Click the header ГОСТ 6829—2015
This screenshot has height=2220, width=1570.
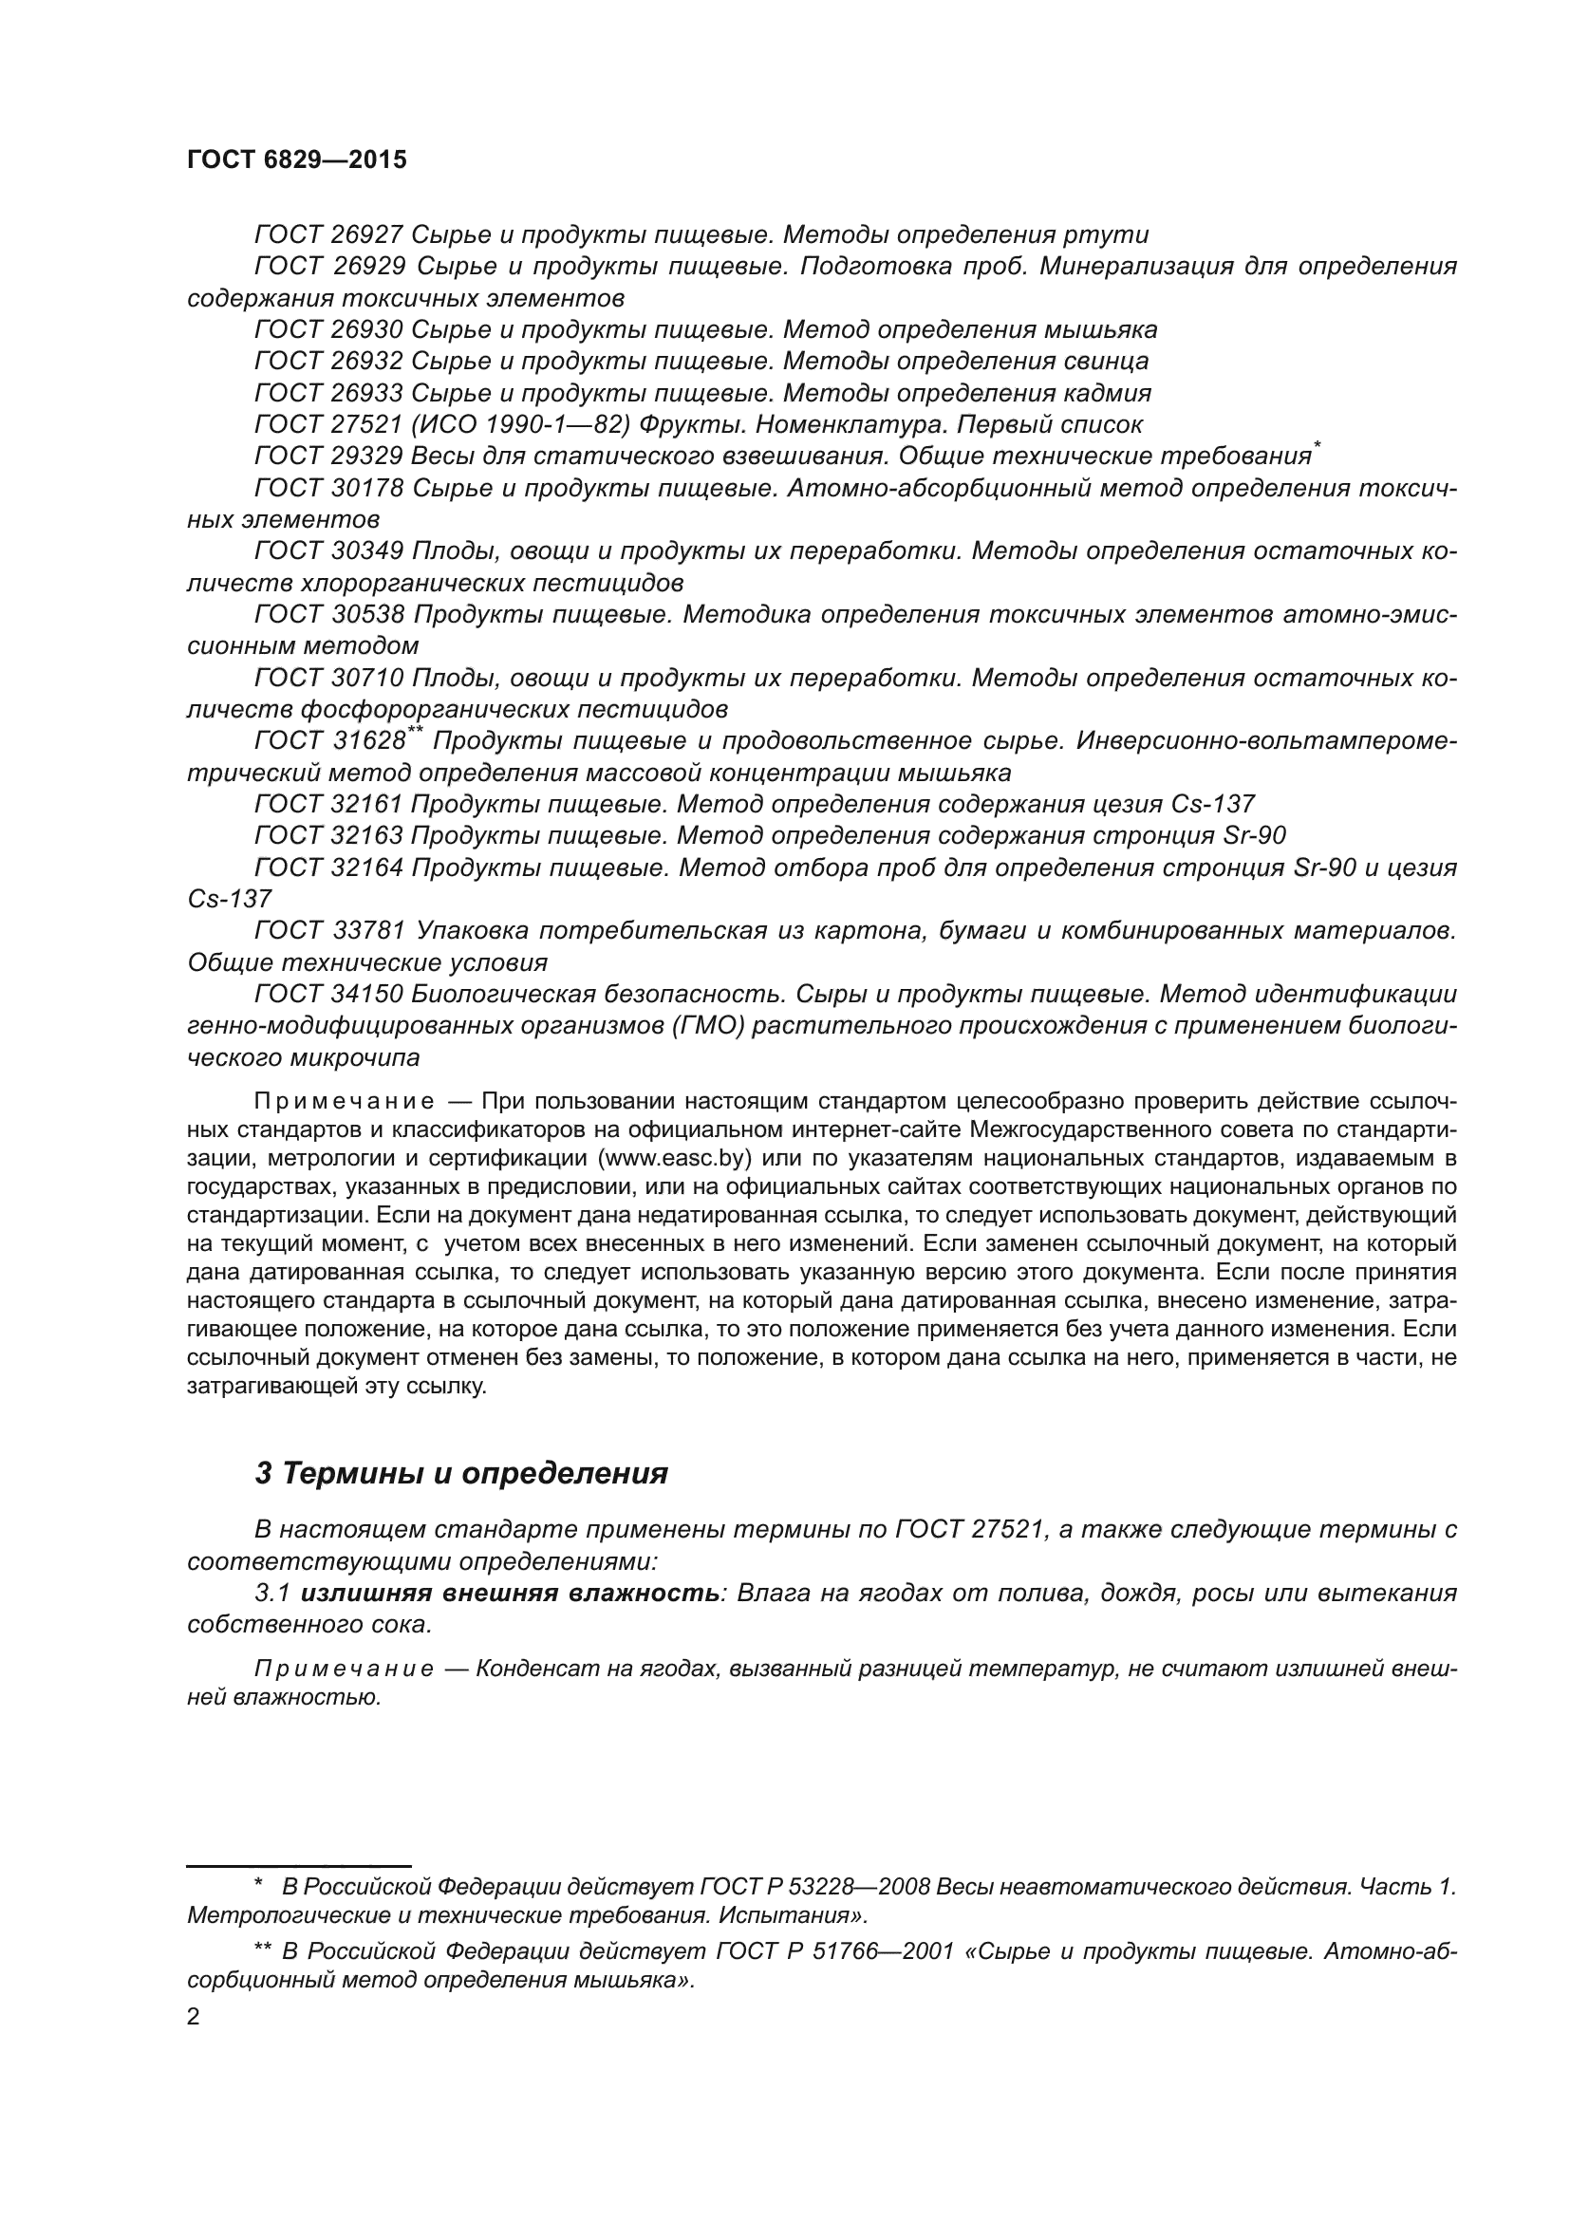click(296, 160)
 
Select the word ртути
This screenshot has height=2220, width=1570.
click(1106, 235)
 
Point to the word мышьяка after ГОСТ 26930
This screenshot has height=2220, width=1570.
click(1100, 329)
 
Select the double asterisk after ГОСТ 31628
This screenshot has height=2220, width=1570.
click(415, 733)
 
